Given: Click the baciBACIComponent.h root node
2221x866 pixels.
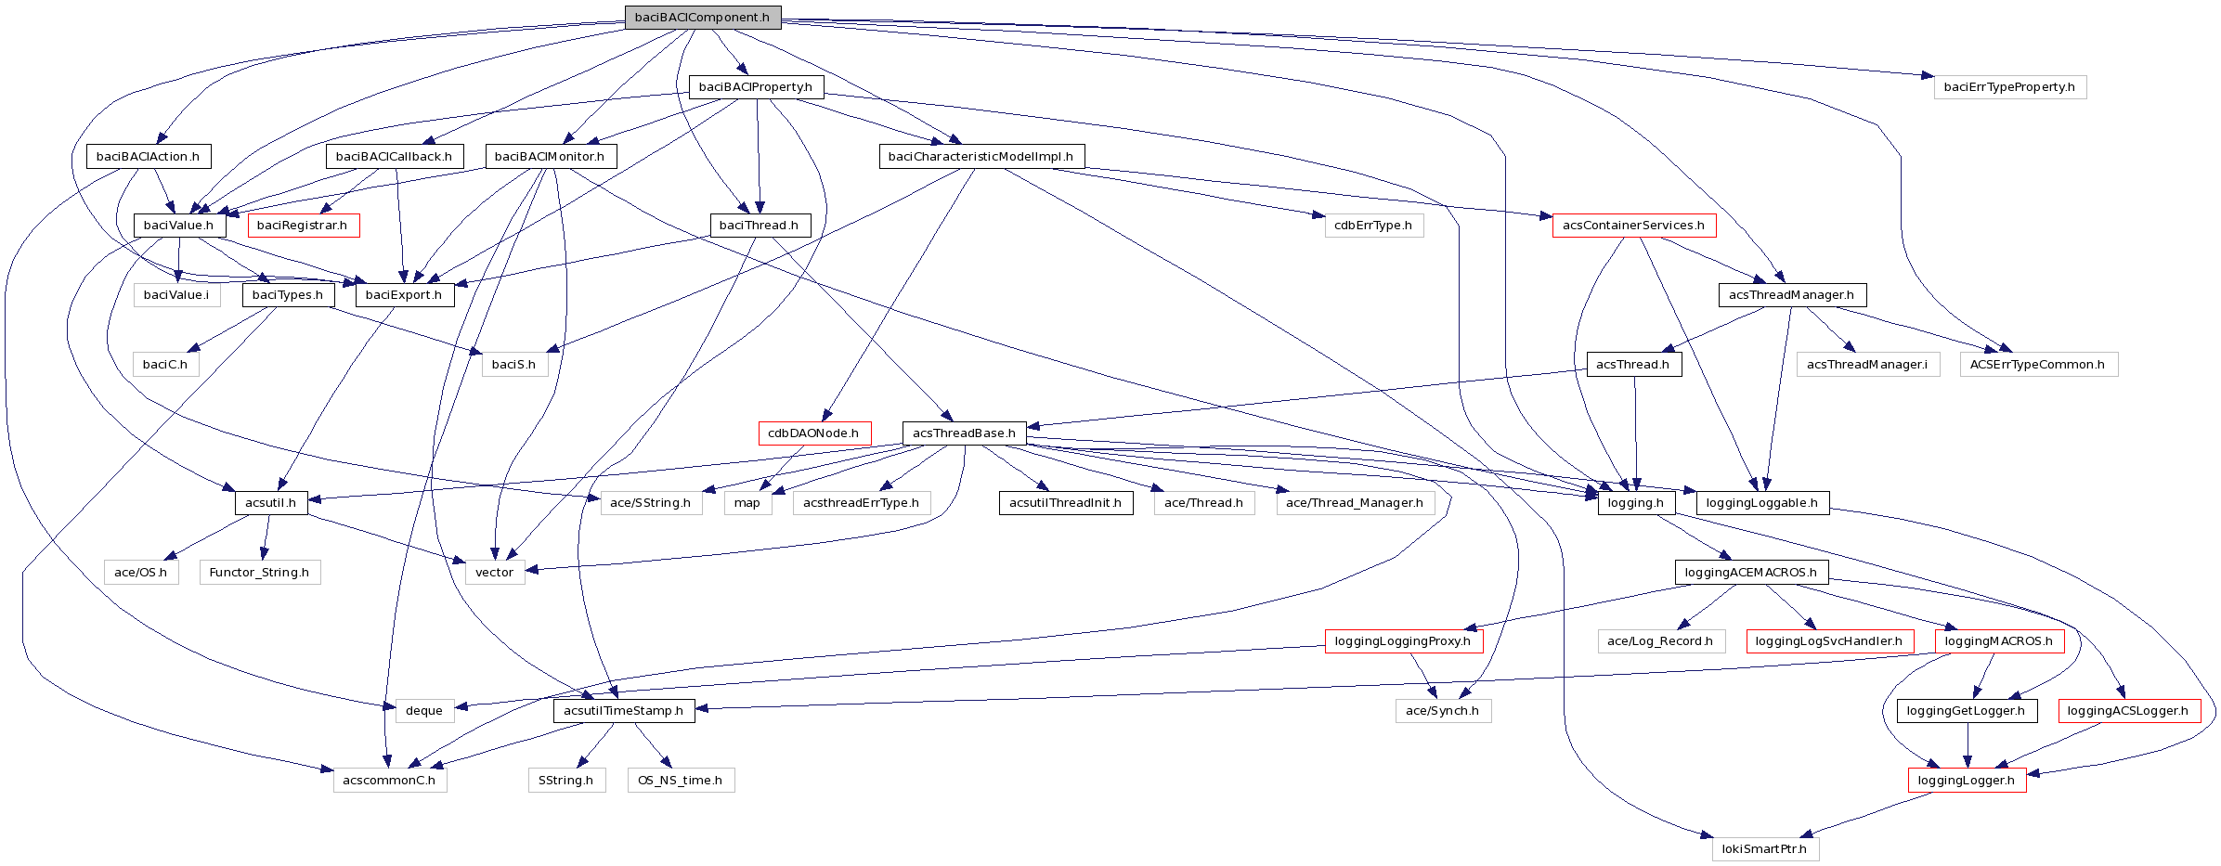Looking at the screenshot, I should coord(702,18).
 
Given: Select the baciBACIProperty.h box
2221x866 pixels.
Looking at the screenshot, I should coord(756,87).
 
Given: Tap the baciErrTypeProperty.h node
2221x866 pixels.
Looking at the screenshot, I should coord(2009,87).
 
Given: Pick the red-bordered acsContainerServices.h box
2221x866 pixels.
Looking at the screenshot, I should coord(1633,226).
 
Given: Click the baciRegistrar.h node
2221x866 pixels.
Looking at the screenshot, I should coord(302,226).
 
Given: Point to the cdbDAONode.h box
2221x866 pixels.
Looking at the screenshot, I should coord(813,433).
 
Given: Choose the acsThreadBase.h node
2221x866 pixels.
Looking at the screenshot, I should coord(964,433).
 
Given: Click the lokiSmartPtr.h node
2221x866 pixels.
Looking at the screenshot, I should coord(1764,849).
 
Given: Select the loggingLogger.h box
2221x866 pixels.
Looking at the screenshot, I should coord(1966,781).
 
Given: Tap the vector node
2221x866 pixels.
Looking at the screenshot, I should coord(494,573).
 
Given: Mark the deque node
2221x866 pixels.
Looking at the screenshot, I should coord(424,711).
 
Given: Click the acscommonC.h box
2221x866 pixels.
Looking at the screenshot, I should coord(389,781).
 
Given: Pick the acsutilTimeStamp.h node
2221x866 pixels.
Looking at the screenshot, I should coord(623,711).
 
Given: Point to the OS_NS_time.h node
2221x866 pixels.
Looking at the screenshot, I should coord(680,781).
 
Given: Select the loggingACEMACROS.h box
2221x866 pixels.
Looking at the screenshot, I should coord(1750,573).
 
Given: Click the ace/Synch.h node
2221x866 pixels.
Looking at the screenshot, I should coord(1442,711).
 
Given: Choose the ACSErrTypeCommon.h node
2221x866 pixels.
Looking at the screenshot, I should coord(2038,365).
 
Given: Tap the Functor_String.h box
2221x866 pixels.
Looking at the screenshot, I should coord(259,573).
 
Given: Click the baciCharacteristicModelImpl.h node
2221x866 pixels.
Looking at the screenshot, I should coord(981,157).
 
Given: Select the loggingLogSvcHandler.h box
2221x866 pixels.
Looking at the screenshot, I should coord(1828,641).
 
